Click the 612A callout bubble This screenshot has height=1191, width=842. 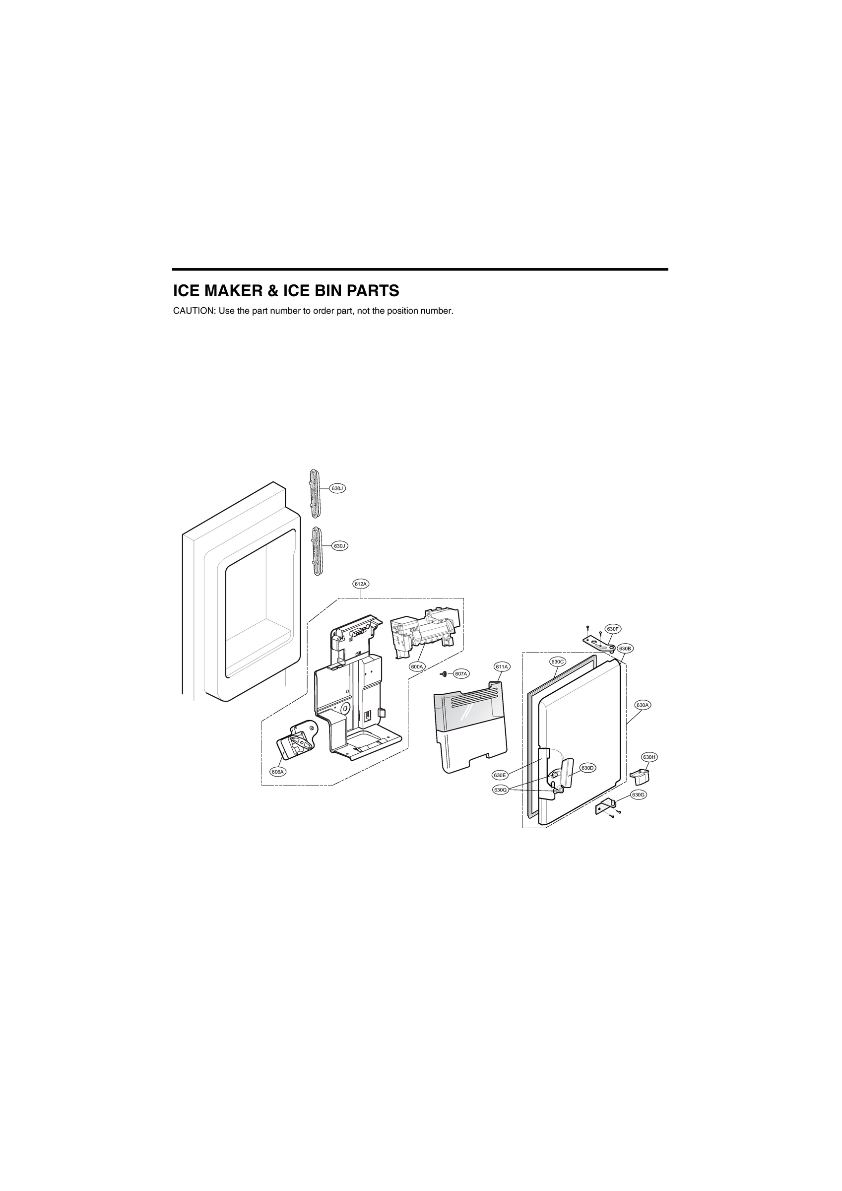[x=361, y=584]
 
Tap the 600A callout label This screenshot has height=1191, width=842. [x=417, y=666]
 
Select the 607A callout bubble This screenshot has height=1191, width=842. [x=460, y=674]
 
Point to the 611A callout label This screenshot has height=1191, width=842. [x=502, y=666]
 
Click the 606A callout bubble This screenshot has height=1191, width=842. [x=277, y=787]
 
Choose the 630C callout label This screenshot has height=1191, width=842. [x=558, y=662]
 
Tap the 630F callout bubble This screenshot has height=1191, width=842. [x=613, y=629]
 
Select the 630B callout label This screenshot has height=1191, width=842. [x=625, y=649]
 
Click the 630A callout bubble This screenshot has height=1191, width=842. [x=643, y=705]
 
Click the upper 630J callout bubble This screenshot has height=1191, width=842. [x=337, y=488]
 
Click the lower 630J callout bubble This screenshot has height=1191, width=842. [x=339, y=546]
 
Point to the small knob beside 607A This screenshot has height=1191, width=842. [x=444, y=674]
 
